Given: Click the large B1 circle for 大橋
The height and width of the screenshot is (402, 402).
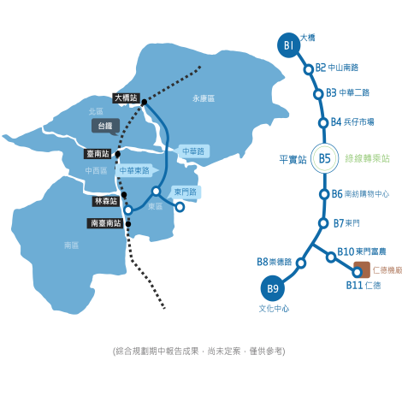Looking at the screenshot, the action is tap(289, 45).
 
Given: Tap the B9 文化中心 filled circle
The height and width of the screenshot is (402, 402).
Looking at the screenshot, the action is tap(273, 288).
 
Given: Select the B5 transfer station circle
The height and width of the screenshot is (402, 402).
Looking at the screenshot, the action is tap(324, 158).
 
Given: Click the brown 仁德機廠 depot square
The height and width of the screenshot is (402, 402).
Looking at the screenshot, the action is tap(362, 269).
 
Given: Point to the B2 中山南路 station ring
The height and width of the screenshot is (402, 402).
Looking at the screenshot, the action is tap(309, 69).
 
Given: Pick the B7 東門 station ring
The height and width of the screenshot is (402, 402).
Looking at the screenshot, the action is tap(323, 223).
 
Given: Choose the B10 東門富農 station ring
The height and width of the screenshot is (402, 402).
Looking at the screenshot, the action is tap(331, 257).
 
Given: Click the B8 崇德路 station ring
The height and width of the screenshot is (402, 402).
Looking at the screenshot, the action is tap(301, 263).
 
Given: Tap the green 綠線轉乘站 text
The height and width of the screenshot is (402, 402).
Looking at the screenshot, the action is tap(367, 158).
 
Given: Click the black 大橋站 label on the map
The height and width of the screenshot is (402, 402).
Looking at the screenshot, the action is tap(126, 98).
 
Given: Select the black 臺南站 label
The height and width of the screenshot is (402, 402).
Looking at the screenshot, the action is tap(98, 154).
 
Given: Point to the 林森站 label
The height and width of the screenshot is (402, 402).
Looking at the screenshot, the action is tap(106, 201).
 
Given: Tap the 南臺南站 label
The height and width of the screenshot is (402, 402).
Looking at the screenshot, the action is tap(106, 223).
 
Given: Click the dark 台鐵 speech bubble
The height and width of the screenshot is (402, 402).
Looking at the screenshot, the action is tap(105, 127).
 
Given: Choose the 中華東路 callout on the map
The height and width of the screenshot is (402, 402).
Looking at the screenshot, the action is tap(136, 171).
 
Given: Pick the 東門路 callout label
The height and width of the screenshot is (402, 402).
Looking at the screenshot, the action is tap(185, 192).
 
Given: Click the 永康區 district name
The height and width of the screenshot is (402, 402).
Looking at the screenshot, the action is tap(204, 98).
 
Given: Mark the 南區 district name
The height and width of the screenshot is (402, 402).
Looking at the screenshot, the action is tap(71, 245).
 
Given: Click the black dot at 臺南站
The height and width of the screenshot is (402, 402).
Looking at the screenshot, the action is tap(117, 154).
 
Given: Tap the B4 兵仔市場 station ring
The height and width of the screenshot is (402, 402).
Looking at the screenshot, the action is tap(323, 123).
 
